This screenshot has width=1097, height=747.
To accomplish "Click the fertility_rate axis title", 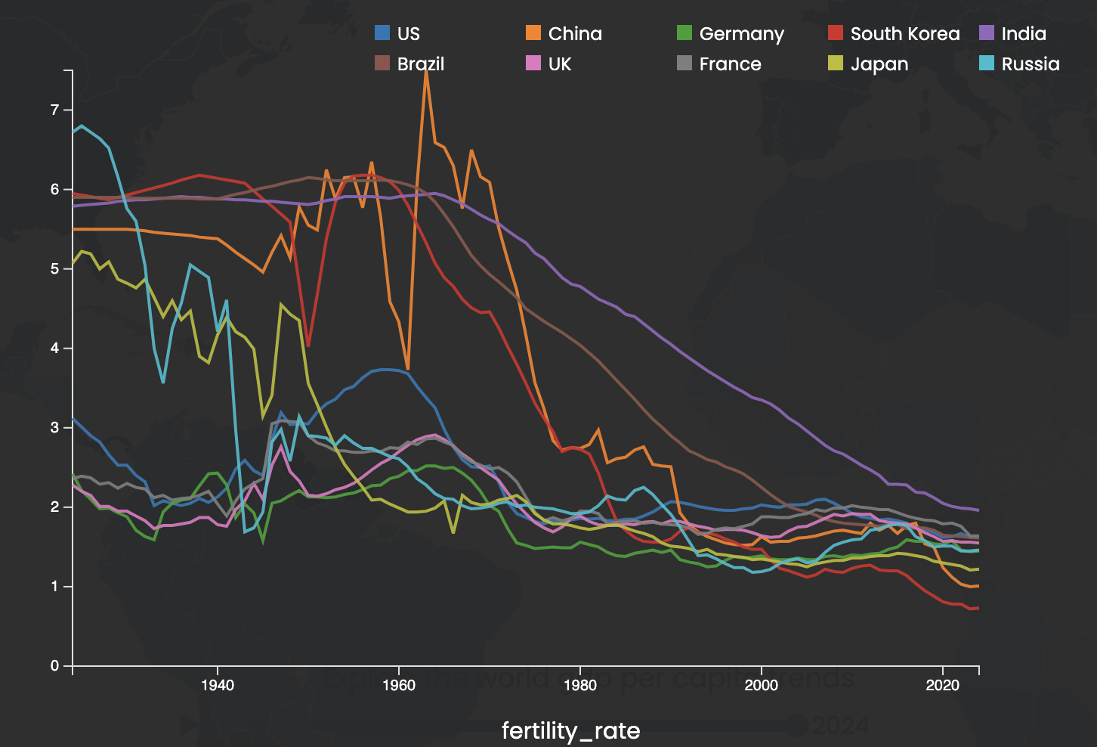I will [570, 730].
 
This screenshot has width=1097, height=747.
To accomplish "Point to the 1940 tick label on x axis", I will [218, 686].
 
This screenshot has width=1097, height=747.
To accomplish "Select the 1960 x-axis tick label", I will [399, 686].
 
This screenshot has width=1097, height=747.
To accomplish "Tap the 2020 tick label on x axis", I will [943, 686].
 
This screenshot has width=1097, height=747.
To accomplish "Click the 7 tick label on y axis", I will [54, 110].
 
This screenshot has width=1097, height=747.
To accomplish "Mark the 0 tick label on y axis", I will [54, 666].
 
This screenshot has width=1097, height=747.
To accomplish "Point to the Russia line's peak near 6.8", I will [82, 126].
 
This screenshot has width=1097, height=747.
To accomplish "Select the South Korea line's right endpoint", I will [978, 608].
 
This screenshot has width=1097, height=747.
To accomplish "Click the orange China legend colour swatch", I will [533, 33].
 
